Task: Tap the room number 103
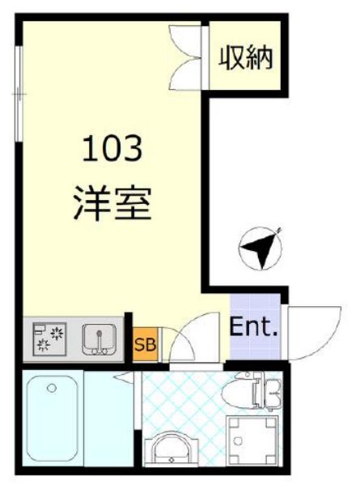click(112, 148)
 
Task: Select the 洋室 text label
click(113, 202)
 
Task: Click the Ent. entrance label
click(254, 329)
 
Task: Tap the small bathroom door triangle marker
click(124, 377)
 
